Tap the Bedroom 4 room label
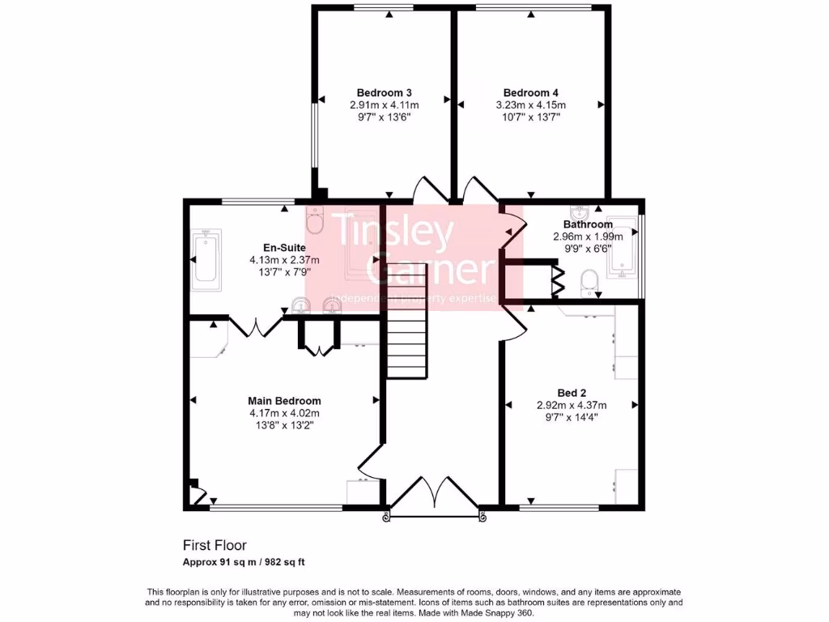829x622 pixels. [530, 92]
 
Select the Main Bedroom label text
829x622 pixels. [284, 401]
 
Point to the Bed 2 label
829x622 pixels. [572, 393]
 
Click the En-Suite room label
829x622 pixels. [284, 248]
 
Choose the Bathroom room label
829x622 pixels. [588, 224]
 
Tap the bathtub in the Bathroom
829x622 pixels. [623, 252]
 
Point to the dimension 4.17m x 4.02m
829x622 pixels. [284, 413]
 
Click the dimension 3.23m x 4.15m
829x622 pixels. [530, 105]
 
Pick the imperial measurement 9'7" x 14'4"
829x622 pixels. [572, 418]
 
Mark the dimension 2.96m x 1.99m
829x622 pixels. [588, 236]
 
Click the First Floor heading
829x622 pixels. [215, 546]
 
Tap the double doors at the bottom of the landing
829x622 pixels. [434, 495]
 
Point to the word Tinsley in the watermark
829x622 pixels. [394, 232]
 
